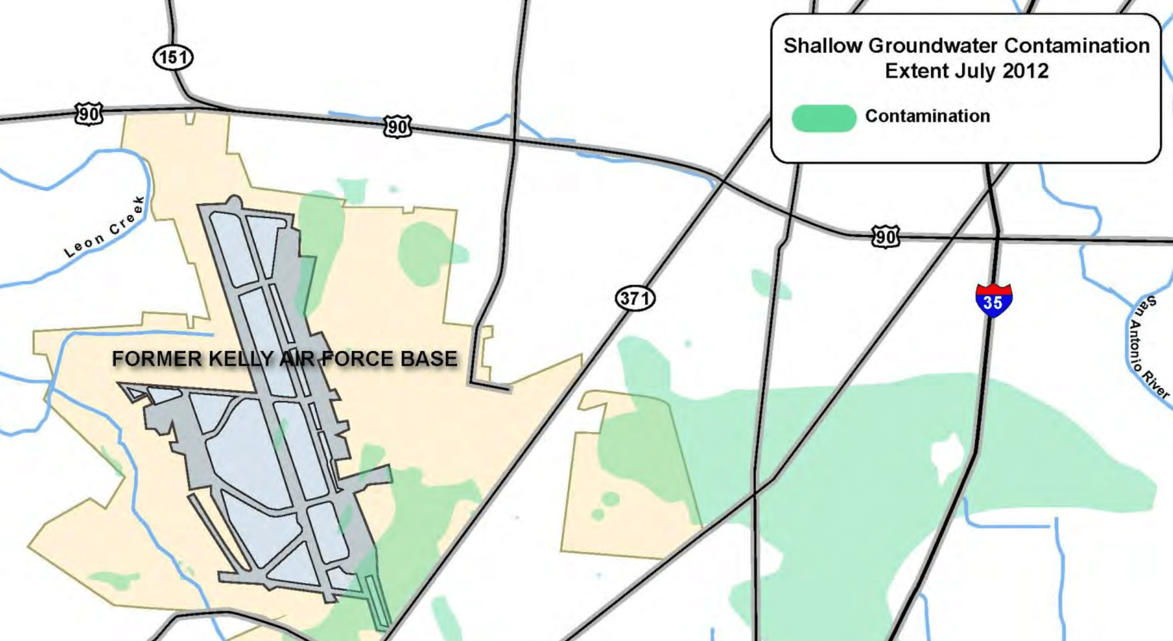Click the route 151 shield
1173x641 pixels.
[173, 58]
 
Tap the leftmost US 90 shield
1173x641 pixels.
[89, 114]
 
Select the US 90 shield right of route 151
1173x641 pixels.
[398, 126]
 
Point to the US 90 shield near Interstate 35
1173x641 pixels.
[885, 237]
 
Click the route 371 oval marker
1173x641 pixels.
[635, 298]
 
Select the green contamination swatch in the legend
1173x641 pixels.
[824, 118]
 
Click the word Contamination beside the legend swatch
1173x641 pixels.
[927, 116]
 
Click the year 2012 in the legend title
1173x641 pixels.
[1025, 71]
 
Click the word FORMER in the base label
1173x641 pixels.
[157, 359]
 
